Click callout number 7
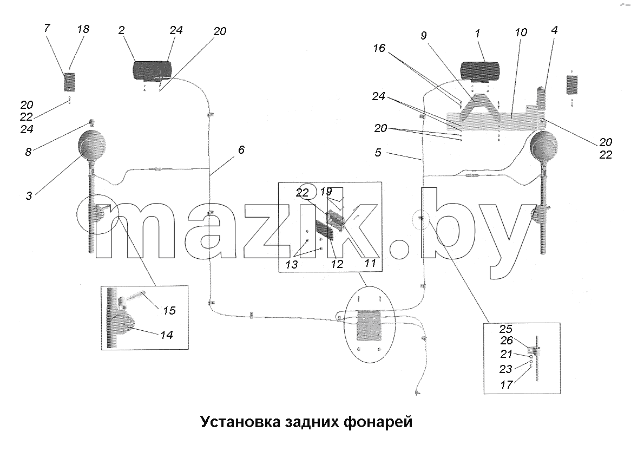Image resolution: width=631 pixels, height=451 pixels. [x=47, y=28]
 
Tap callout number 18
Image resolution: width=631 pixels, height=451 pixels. [x=83, y=29]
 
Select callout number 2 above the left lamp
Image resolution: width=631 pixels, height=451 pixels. [x=122, y=30]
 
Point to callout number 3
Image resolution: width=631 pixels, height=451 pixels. [x=29, y=196]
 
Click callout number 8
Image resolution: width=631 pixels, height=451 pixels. [x=28, y=152]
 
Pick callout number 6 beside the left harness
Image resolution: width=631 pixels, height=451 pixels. [x=241, y=150]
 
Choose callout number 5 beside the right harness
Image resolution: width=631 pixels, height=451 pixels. [x=378, y=153]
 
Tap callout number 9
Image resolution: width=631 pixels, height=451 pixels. [x=423, y=35]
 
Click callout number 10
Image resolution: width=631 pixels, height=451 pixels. [x=521, y=32]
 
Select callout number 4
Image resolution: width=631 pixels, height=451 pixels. [x=555, y=30]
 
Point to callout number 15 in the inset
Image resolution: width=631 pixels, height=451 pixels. [x=169, y=310]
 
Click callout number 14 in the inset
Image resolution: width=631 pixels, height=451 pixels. [x=167, y=335]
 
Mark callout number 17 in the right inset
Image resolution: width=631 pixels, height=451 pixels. [x=506, y=384]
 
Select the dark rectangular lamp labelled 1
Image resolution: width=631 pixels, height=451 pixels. [x=479, y=71]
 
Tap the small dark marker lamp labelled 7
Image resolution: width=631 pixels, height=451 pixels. [x=70, y=82]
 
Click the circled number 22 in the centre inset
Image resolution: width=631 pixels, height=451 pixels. [x=302, y=193]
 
